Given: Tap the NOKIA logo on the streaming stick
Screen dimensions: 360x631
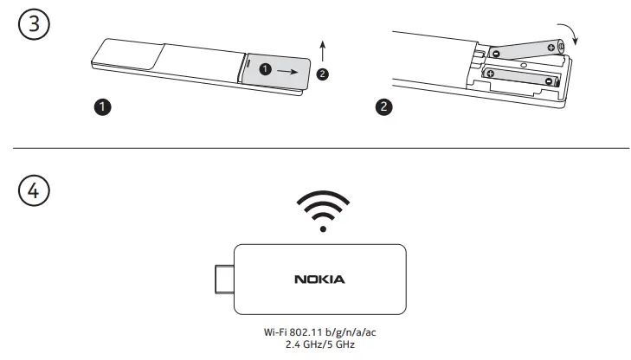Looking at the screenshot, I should coord(320,279).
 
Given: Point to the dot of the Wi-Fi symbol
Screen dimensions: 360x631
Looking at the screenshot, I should coord(322,230).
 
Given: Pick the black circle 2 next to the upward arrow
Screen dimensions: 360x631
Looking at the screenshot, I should coord(323,74).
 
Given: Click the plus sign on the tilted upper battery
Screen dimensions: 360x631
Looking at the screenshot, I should coord(551,48).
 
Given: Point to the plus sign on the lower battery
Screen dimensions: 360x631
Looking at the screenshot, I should coord(491,74).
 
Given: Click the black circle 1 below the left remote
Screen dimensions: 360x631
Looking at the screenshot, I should coord(102,108).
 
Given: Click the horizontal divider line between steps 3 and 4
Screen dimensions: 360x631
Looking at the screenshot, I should coord(315,148).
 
